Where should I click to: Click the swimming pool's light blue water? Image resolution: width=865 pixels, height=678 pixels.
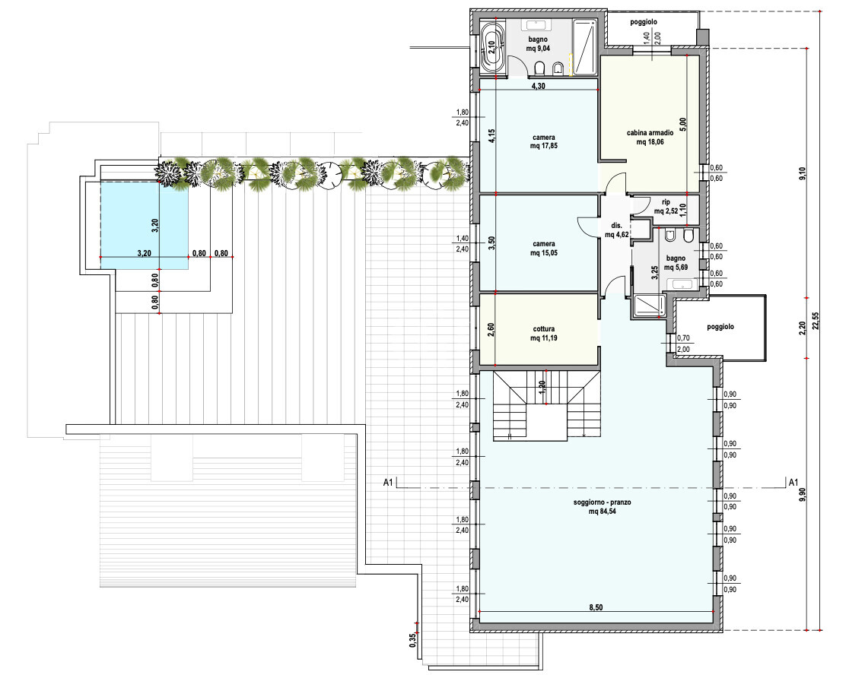coord(144,226)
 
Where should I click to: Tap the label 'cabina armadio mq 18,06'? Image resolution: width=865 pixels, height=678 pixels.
coord(650,138)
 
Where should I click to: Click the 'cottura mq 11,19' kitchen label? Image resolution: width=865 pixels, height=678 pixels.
coord(544,334)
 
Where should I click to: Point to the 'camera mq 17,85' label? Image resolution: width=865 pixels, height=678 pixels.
coord(544,141)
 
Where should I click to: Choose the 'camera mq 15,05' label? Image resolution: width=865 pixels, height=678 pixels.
coord(544,248)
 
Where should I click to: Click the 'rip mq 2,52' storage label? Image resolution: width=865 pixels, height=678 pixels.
coord(666,207)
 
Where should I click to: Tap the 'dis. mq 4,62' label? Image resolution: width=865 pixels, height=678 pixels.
coord(617,230)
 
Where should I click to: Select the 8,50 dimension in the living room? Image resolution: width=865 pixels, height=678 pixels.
coord(596,607)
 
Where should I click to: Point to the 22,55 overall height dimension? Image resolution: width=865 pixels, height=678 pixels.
coord(816,320)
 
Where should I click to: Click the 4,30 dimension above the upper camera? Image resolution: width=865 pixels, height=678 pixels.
coord(538,86)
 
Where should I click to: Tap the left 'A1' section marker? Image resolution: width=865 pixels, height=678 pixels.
coord(388,483)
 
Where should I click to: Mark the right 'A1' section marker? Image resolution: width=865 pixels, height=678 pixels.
coord(793,483)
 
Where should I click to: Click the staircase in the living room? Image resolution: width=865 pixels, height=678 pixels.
coord(546,406)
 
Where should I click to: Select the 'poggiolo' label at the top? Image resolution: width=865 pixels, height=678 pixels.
coord(644,22)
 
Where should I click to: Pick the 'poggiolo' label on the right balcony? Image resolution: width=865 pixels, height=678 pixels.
coord(720,327)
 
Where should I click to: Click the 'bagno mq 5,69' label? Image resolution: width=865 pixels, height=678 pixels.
coord(676,263)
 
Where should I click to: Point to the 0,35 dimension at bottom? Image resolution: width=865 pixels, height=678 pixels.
coord(412,640)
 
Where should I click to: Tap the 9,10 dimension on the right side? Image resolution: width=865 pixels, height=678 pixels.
coord(803,173)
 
